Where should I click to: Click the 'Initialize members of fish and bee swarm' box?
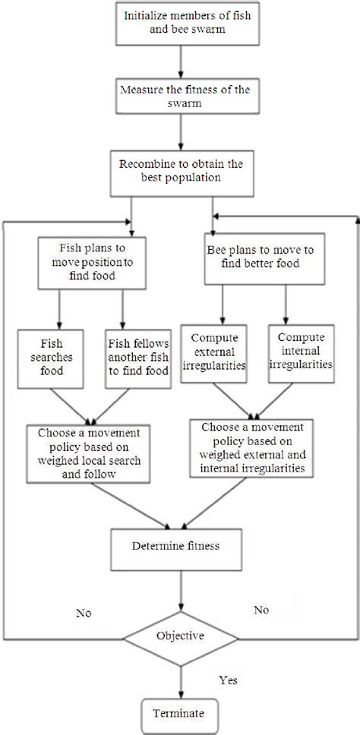click(180, 24)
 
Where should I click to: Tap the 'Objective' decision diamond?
click(180, 636)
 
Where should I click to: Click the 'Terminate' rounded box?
click(180, 713)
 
